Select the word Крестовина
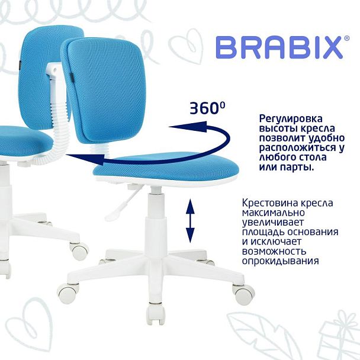tap(269, 202)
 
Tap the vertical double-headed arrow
tap(191, 220)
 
